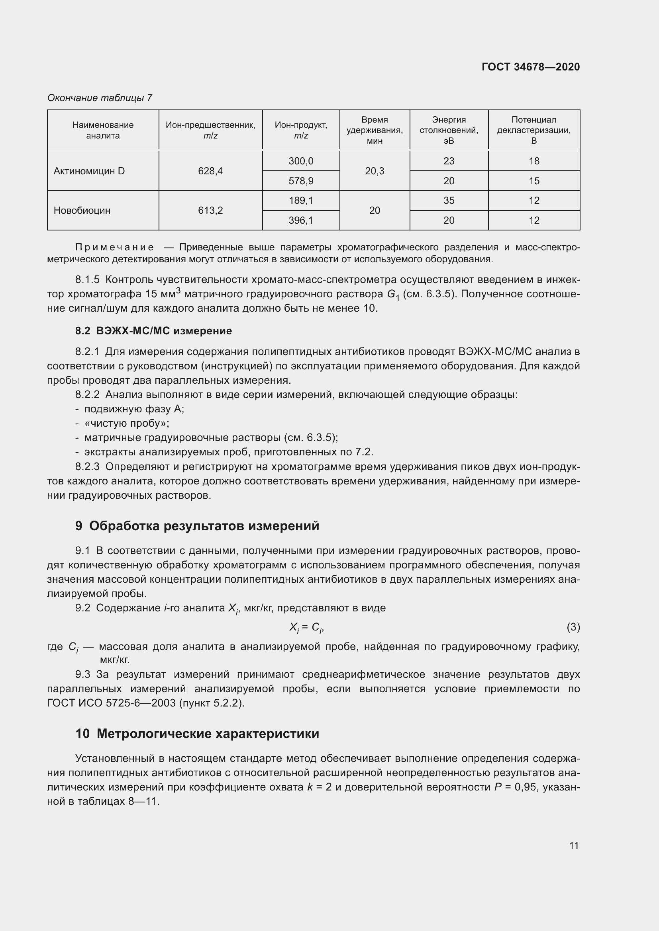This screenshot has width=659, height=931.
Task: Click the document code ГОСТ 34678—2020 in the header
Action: [530, 67]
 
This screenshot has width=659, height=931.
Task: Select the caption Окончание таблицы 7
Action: [100, 98]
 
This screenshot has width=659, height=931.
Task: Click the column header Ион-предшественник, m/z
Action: [210, 130]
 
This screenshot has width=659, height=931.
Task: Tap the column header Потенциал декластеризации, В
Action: [533, 130]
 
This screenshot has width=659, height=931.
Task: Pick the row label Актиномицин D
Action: [89, 171]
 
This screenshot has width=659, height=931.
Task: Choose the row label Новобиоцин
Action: [82, 211]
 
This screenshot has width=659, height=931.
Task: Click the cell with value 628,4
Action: [210, 171]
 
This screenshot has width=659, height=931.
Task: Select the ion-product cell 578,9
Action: [301, 181]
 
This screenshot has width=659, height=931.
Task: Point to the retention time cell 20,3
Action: [374, 171]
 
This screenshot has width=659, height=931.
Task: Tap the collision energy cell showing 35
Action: [448, 200]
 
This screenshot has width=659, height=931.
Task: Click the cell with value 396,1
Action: [301, 220]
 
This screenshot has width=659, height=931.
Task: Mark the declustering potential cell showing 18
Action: [533, 161]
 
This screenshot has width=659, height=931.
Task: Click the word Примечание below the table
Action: [115, 247]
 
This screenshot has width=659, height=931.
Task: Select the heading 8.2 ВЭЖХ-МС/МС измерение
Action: [153, 331]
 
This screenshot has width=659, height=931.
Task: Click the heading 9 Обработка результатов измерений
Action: [197, 526]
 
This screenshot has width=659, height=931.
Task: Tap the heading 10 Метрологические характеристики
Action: [197, 734]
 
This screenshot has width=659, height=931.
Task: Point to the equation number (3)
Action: [573, 627]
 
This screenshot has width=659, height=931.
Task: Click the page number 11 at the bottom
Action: [573, 845]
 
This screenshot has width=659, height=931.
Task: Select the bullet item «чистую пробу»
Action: [126, 424]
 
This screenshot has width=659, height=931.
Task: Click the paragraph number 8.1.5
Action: [87, 280]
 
